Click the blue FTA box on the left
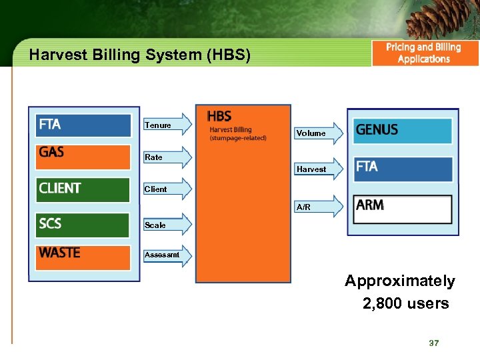(x=83, y=125)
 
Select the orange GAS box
(x=83, y=156)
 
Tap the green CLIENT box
(x=83, y=189)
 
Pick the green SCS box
(x=83, y=225)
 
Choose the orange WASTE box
(x=83, y=257)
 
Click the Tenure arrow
(x=167, y=125)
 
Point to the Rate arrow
(x=167, y=157)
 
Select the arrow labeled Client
(x=167, y=189)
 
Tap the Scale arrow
(x=167, y=225)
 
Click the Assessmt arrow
(x=167, y=255)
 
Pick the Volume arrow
(x=317, y=133)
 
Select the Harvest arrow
(x=317, y=169)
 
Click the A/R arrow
(x=317, y=207)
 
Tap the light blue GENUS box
(x=403, y=131)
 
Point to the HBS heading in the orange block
(x=219, y=117)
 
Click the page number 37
(x=434, y=343)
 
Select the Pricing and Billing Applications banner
(x=424, y=53)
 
